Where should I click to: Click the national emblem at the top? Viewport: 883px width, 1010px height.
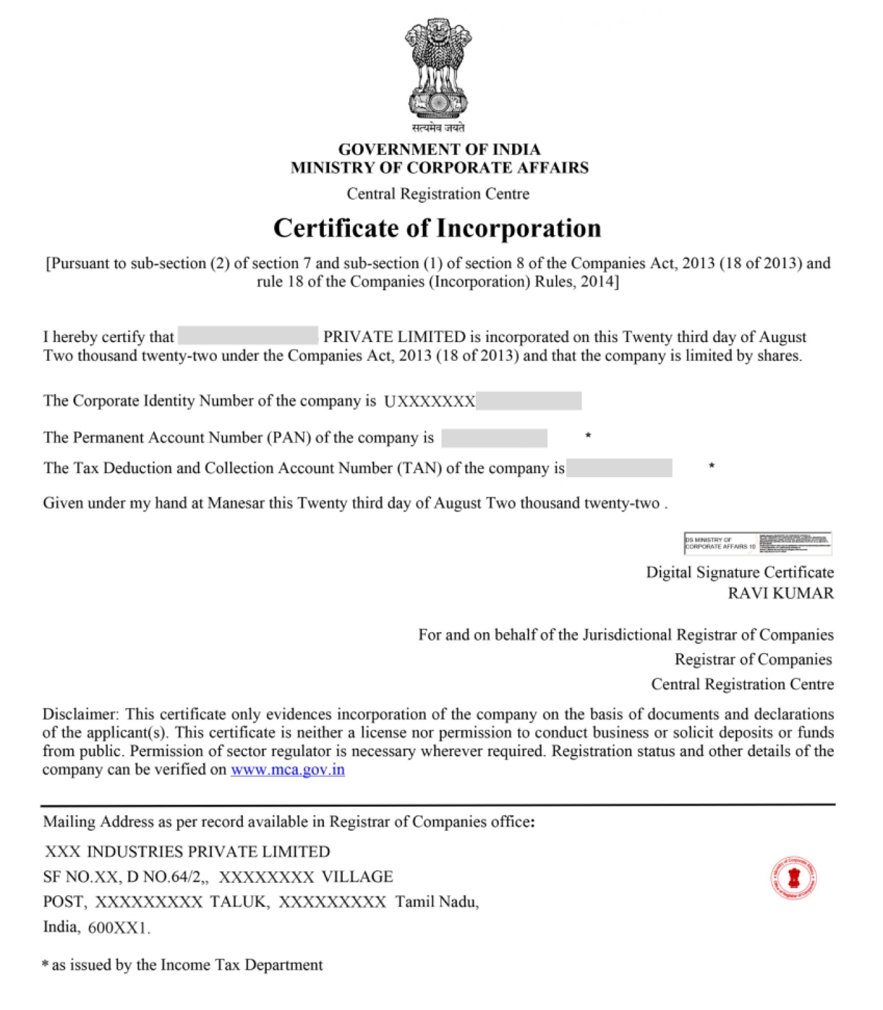[438, 68]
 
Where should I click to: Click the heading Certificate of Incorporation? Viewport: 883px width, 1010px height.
[437, 228]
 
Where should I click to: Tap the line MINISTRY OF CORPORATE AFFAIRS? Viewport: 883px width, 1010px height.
[440, 168]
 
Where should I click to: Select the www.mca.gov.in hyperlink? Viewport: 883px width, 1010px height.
[288, 770]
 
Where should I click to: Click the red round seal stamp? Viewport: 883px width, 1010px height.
[793, 878]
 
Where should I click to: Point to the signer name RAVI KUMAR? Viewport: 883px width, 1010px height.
[780, 593]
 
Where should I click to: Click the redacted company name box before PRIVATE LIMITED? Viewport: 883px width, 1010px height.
[248, 336]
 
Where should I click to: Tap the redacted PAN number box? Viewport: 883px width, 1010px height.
[494, 438]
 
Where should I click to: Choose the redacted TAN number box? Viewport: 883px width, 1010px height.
[619, 468]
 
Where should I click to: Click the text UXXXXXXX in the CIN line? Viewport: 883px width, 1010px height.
[430, 402]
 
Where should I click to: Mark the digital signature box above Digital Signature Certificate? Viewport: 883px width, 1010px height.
[757, 543]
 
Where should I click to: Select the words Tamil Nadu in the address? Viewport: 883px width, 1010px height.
[436, 902]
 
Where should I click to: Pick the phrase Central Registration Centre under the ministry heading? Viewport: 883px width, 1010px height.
[438, 194]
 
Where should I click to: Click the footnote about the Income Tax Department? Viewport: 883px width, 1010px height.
[182, 965]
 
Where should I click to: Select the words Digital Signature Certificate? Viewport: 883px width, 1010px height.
[740, 573]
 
